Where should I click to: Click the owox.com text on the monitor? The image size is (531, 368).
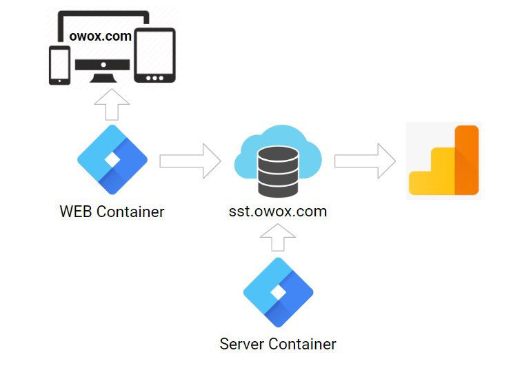101,36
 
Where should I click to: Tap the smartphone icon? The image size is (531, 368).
59,65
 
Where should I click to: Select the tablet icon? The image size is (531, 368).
154,57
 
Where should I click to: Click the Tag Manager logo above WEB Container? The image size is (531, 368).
112,160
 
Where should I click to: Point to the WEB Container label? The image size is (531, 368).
112,212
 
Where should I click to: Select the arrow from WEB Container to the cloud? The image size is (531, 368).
190,161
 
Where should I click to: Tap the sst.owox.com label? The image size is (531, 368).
278,211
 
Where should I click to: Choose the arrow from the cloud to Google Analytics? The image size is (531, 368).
365,161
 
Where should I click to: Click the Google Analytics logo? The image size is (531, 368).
443,161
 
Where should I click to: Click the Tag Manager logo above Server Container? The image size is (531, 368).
279,292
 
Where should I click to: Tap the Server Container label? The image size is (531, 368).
278,343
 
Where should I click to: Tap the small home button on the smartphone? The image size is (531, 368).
59,81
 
